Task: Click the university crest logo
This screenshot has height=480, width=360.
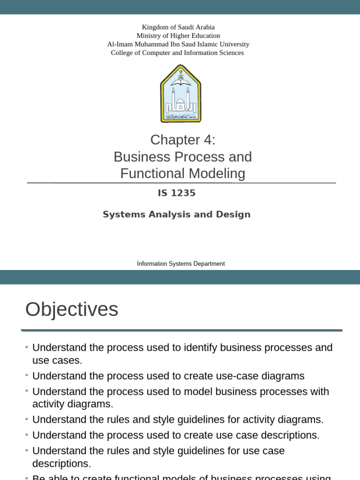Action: [180, 94]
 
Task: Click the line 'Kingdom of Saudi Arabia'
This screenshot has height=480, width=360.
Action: [178, 27]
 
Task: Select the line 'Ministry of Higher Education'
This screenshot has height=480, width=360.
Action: [178, 36]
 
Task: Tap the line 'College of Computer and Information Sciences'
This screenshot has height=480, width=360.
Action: [177, 52]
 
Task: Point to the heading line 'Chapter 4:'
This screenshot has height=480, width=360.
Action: [183, 140]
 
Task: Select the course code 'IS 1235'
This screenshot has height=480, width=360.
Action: [177, 193]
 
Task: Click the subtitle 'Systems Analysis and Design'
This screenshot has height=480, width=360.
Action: [177, 214]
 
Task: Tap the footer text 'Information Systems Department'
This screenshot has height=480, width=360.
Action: [180, 264]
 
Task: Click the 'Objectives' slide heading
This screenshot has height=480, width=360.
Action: [72, 309]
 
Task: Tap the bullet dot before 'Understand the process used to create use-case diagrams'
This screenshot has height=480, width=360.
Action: [27, 375]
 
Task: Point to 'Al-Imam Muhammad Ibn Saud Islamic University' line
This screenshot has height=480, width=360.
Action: [178, 44]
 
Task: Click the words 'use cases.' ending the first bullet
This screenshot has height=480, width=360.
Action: [57, 360]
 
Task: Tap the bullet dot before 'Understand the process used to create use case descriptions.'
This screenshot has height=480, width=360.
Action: [27, 435]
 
